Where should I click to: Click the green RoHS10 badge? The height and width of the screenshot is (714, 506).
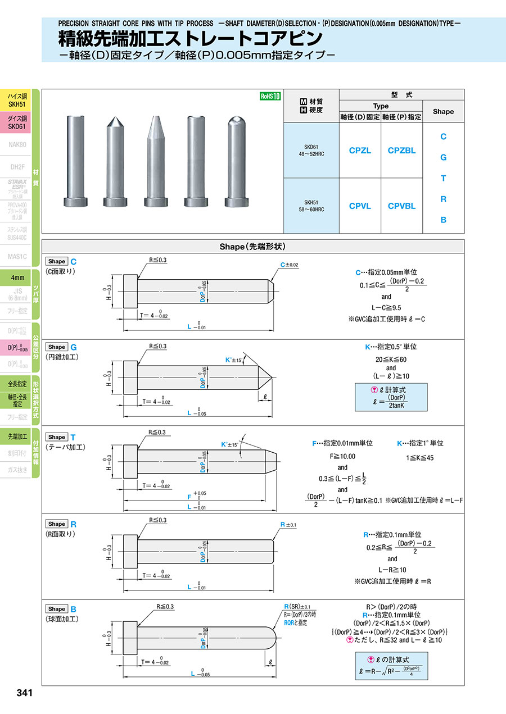tap(270, 96)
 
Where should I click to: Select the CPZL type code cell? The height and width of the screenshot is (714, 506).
tap(360, 151)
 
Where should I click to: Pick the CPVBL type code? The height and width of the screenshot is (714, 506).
tap(401, 206)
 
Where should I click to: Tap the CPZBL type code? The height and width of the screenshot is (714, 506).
tap(401, 151)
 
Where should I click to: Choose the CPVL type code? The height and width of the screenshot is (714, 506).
tap(360, 206)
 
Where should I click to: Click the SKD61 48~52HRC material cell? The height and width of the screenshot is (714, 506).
tap(311, 151)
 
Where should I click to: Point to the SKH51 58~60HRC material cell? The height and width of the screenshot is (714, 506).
tap(311, 206)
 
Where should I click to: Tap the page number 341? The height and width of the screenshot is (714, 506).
tap(24, 693)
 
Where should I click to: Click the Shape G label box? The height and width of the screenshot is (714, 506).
tap(57, 347)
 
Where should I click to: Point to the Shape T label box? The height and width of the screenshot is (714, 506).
tap(57, 437)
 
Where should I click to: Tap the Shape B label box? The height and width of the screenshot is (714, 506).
tap(57, 609)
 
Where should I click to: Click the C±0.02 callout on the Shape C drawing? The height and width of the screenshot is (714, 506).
tap(289, 265)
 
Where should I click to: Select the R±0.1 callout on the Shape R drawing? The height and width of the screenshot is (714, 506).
tap(289, 525)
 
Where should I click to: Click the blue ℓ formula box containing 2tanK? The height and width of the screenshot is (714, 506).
tap(391, 397)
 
